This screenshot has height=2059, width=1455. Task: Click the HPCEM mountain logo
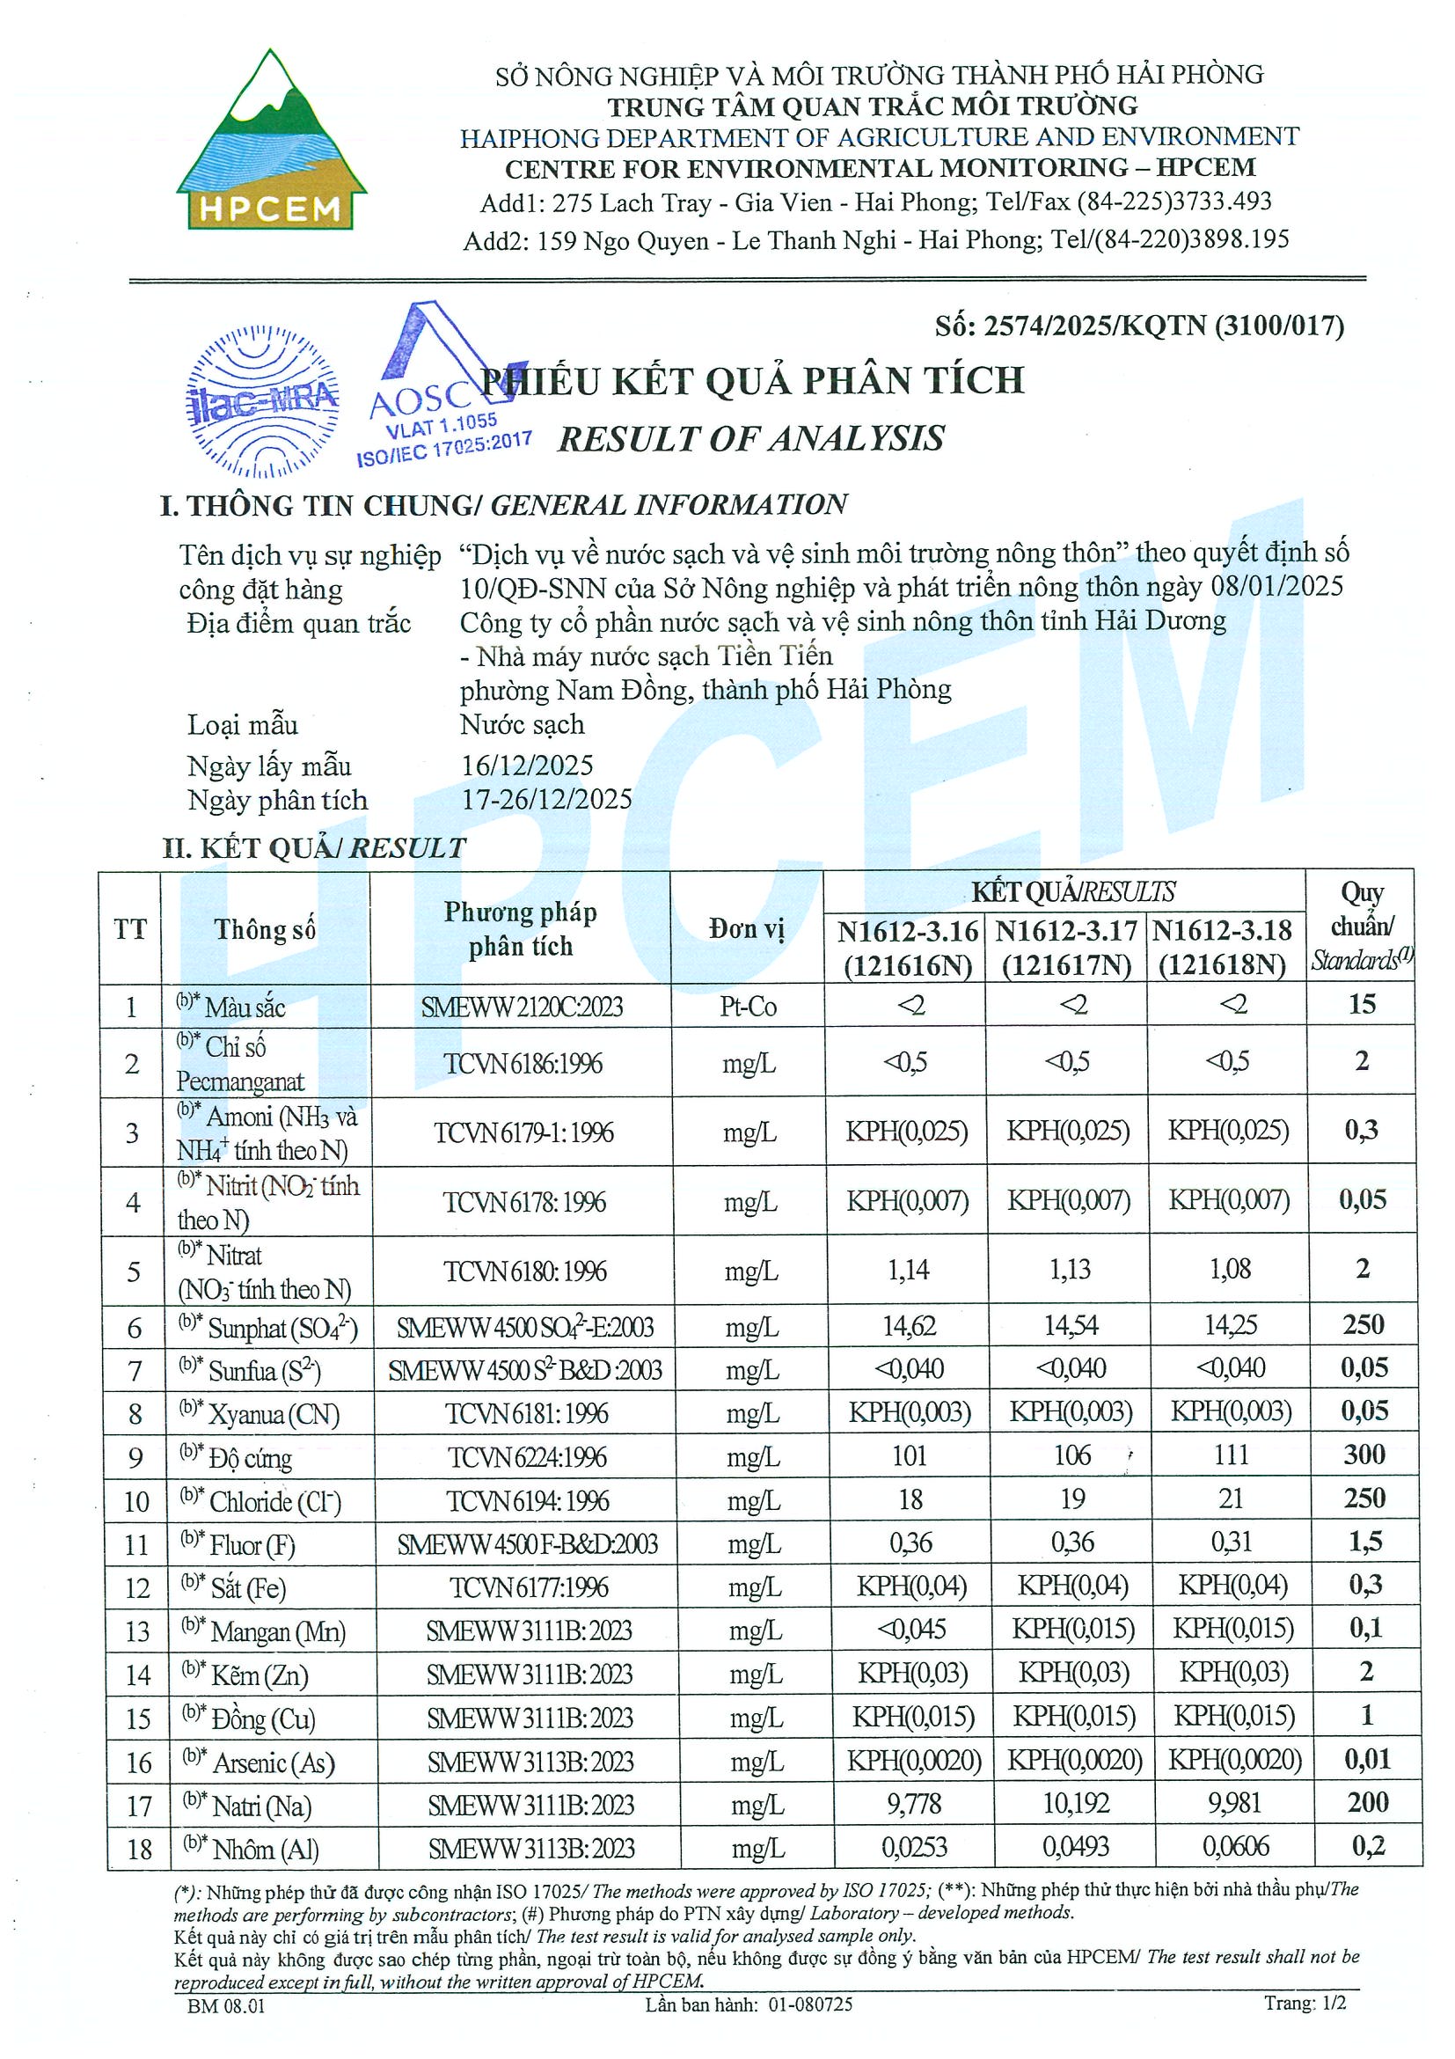click(x=271, y=142)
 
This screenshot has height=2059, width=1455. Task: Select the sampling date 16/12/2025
click(x=527, y=765)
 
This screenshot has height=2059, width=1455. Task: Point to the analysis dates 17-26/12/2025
click(x=547, y=799)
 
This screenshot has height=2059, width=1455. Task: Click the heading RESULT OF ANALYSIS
click(x=751, y=438)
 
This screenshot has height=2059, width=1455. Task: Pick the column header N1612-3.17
click(x=1066, y=931)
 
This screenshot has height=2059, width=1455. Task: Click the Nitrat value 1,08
click(x=1230, y=1269)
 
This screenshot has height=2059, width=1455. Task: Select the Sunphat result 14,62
click(x=909, y=1325)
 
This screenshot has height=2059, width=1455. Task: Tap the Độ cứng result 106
click(x=1071, y=1454)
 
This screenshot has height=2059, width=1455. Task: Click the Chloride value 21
click(x=1231, y=1498)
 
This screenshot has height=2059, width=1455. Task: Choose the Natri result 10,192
click(x=1076, y=1803)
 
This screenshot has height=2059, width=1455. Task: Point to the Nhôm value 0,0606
click(x=1235, y=1846)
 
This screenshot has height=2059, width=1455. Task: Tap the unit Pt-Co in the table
click(x=748, y=1007)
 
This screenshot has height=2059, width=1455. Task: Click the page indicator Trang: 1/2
click(x=1305, y=2003)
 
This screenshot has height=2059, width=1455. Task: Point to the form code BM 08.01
click(x=226, y=2005)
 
